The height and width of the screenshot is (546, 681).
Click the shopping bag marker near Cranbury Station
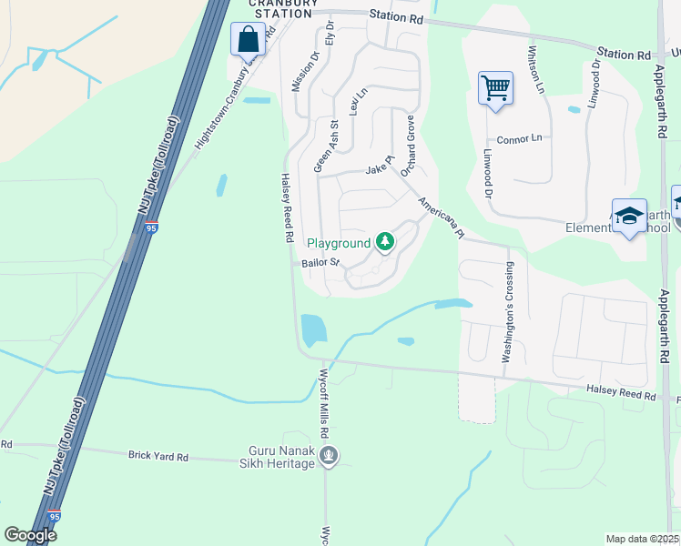(248, 40)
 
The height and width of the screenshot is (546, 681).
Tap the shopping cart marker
(495, 89)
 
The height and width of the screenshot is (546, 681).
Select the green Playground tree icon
(386, 242)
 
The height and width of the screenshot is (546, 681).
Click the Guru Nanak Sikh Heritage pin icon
(330, 455)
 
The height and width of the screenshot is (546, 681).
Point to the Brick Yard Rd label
(158, 455)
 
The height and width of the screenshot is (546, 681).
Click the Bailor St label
(320, 263)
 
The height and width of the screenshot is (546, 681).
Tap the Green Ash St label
(326, 147)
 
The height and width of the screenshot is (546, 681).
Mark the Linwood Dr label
(487, 175)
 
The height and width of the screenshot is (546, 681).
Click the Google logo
(30, 535)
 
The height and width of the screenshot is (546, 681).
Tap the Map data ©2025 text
(642, 539)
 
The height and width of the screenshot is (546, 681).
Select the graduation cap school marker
(629, 216)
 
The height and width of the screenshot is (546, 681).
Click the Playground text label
(339, 243)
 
